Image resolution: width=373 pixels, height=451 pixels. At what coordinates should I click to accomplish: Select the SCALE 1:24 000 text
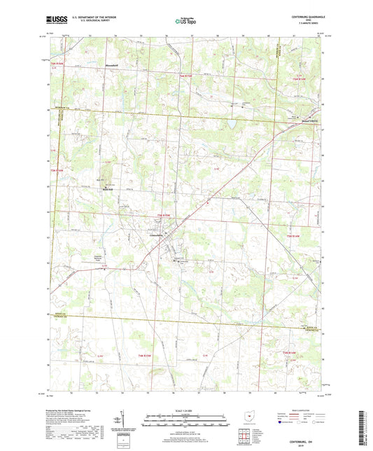pos(185,410)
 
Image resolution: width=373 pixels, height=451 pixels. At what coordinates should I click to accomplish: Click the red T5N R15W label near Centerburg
pos(163,215)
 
